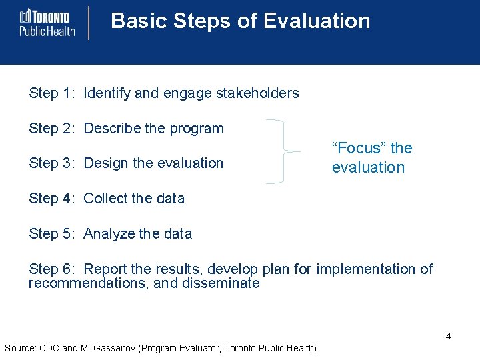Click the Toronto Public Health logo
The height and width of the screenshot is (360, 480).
coord(47,23)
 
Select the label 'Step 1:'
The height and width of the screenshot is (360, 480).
coord(53,93)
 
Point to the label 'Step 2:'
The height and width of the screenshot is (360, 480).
coord(53,128)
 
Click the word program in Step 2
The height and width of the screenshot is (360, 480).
coord(197,128)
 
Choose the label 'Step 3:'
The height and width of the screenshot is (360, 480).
coord(53,163)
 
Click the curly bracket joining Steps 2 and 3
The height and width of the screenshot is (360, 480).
coord(283,151)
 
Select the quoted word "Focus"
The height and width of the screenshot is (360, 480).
coord(359,148)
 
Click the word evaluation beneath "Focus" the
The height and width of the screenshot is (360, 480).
coord(368,167)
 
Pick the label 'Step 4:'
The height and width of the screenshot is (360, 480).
coord(53,198)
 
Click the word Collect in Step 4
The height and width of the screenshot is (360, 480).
coord(105,198)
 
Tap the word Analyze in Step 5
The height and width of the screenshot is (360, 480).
coord(109,233)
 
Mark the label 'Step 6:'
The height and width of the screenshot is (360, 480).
coord(53,269)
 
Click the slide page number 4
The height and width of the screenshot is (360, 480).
coord(448,336)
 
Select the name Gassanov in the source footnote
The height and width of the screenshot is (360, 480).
coord(119,348)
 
